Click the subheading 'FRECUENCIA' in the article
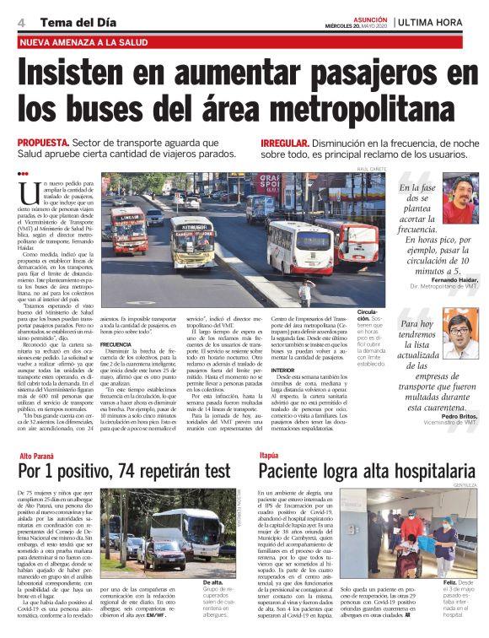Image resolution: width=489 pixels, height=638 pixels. tap(116, 344)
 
